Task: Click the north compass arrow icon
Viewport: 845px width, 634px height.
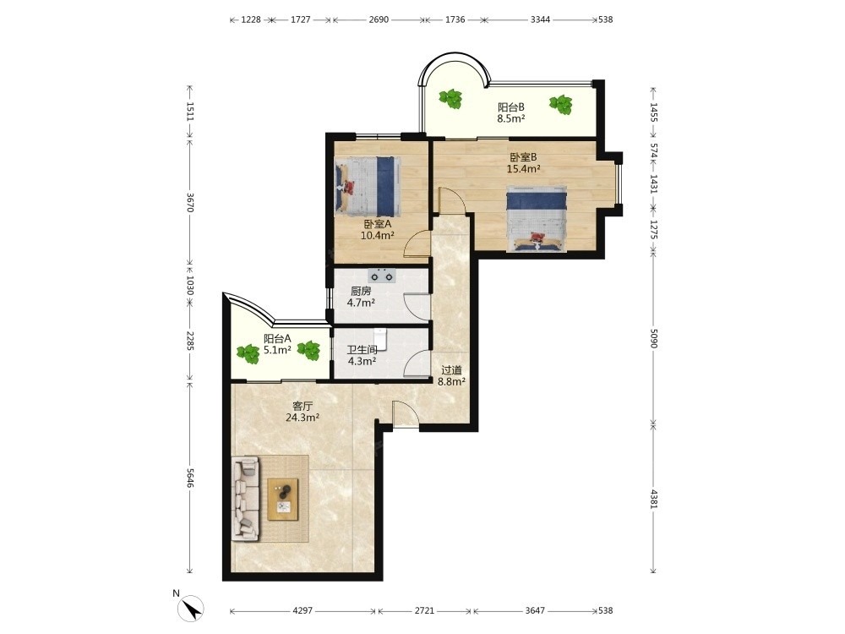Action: click(x=191, y=609)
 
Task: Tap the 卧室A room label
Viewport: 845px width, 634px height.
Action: click(x=377, y=224)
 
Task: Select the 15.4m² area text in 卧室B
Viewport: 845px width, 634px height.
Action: click(x=523, y=169)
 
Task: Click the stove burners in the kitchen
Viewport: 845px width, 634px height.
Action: click(x=382, y=276)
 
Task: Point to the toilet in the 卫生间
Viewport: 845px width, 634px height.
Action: click(x=380, y=337)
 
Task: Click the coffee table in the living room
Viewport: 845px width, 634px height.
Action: click(x=283, y=500)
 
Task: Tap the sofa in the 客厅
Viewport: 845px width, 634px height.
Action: click(x=245, y=498)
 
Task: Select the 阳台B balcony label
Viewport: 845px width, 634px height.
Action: click(x=511, y=107)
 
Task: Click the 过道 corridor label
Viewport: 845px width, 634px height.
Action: click(x=451, y=370)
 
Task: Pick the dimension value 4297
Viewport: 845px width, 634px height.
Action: click(x=303, y=611)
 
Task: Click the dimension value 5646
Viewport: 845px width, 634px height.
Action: click(x=189, y=478)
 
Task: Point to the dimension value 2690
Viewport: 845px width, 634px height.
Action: click(x=379, y=19)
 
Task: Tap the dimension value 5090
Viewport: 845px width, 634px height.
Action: click(x=654, y=338)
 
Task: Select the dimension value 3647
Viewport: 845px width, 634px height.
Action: click(x=535, y=611)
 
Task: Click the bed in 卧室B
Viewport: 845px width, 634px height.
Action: click(x=537, y=218)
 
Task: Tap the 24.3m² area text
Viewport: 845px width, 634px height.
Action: click(x=303, y=418)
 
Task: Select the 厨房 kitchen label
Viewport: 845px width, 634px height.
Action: click(x=361, y=291)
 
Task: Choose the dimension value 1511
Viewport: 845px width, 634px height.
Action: click(x=189, y=112)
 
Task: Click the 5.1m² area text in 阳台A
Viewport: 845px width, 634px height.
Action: click(x=277, y=350)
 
